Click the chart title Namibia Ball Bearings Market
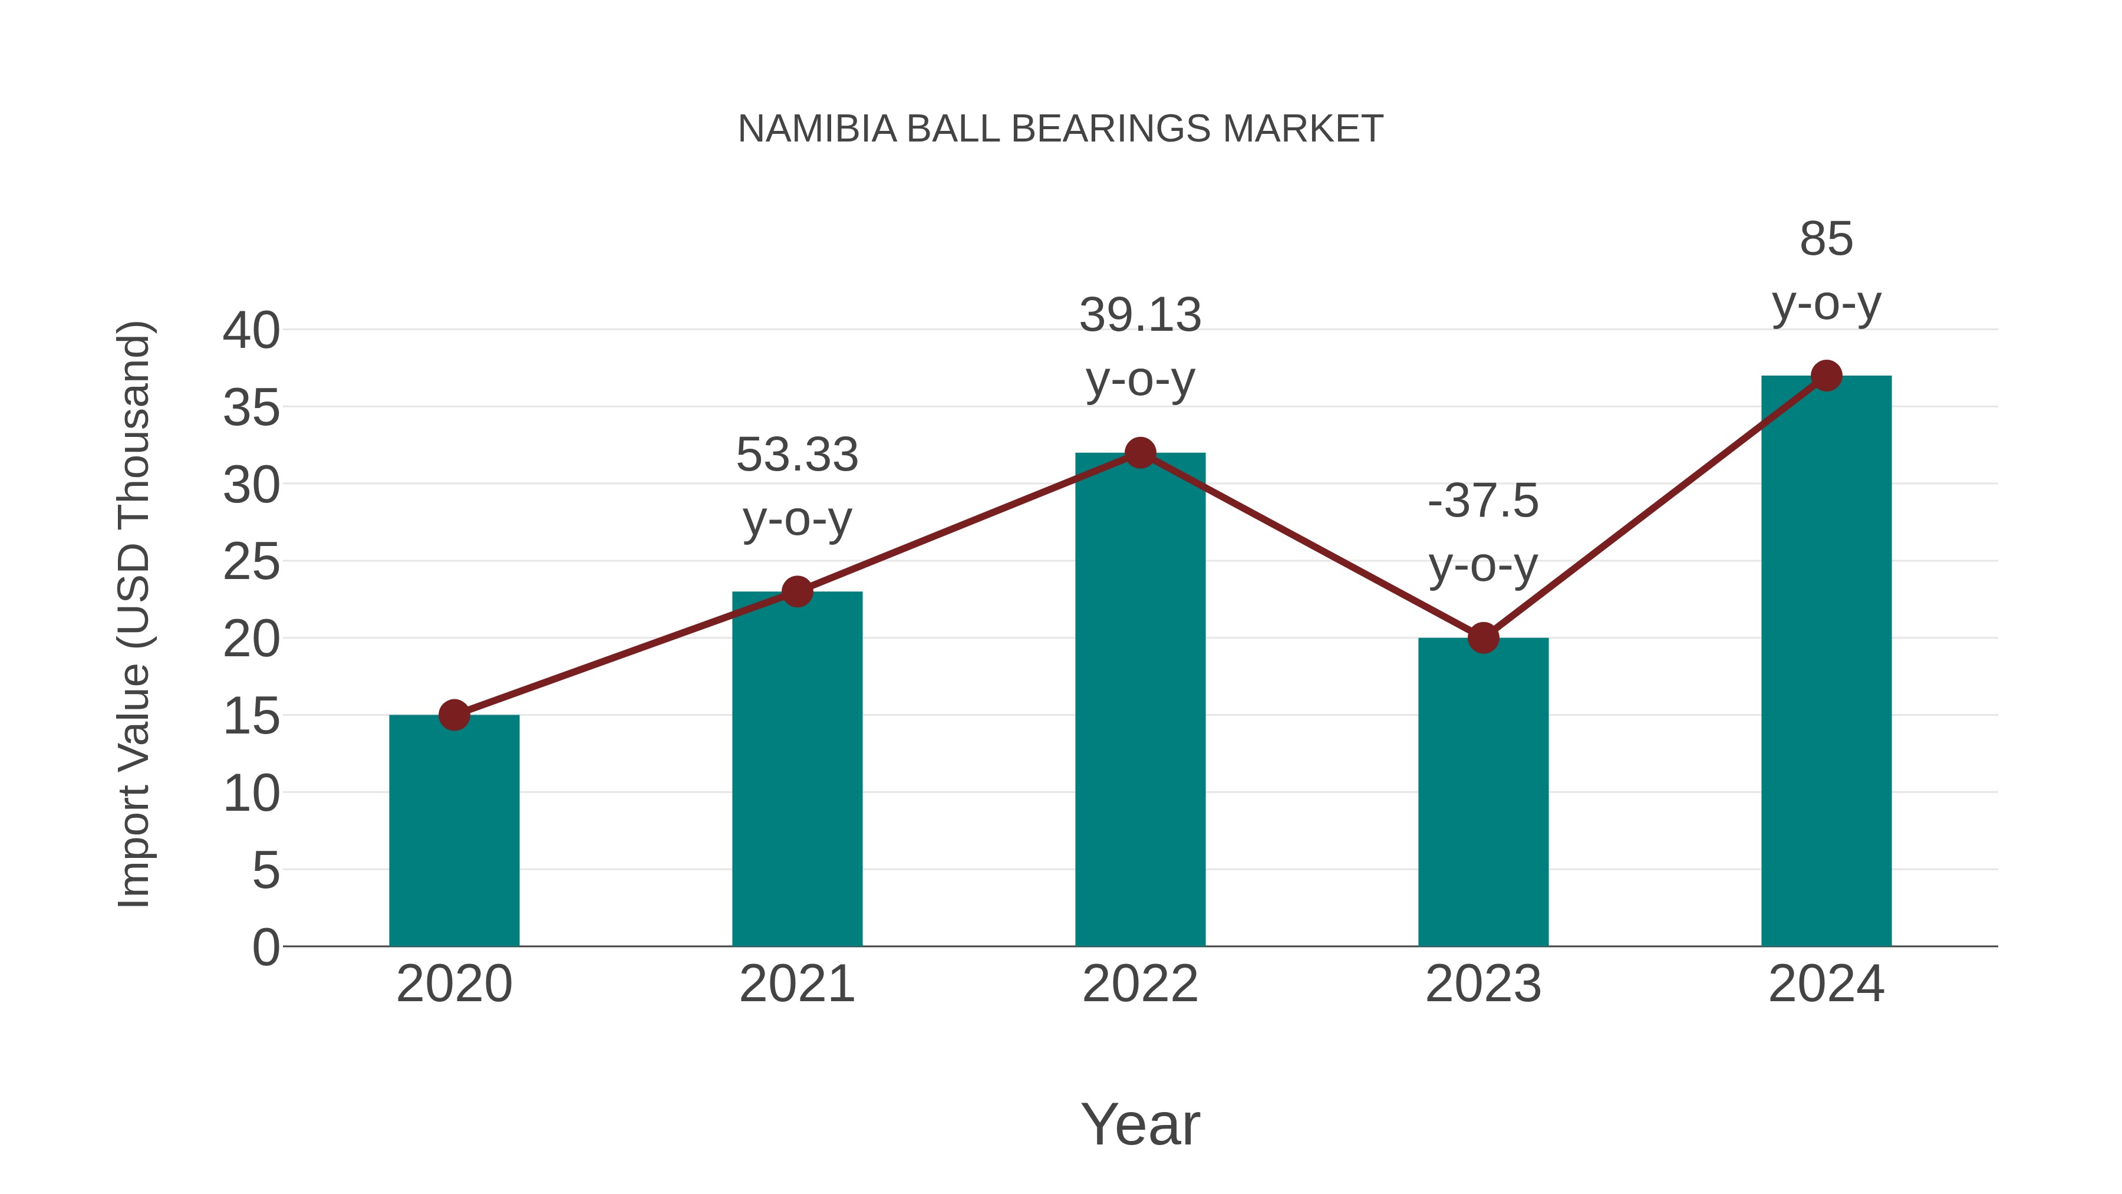click(x=1060, y=129)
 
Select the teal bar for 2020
click(x=454, y=832)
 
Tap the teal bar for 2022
click(x=1140, y=700)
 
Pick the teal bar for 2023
click(x=1483, y=791)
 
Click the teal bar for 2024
click(x=1826, y=659)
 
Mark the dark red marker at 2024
click(x=1826, y=376)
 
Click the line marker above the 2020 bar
click(x=454, y=715)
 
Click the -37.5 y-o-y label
click(x=1483, y=532)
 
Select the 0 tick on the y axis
click(x=265, y=947)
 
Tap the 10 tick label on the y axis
click(x=251, y=794)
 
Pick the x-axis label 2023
click(x=1483, y=984)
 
